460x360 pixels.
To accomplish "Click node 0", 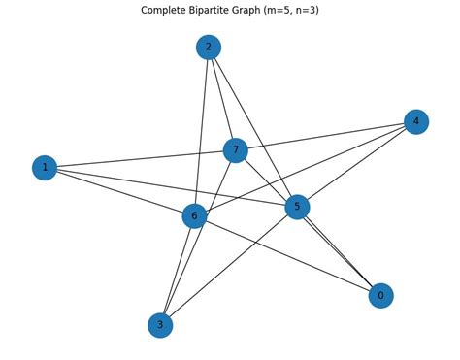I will pos(380,296).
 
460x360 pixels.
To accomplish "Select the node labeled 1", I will pos(45,168).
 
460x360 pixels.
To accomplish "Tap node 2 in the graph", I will pos(208,47).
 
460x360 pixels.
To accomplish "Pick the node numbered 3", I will pos(160,325).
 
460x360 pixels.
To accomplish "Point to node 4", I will pos(416,121).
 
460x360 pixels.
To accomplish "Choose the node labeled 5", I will pos(297,207).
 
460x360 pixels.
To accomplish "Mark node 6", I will pos(194,215).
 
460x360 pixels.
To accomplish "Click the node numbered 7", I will pos(235,150).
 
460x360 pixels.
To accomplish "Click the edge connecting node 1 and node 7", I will pos(140,159).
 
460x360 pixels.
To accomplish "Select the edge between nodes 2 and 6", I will pos(201,131).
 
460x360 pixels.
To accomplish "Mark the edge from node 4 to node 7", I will pos(325,136).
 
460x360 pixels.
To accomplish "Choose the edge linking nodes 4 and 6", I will pos(305,169).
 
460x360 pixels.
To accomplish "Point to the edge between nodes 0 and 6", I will pos(287,255).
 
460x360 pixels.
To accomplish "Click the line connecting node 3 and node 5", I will pos(228,266).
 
